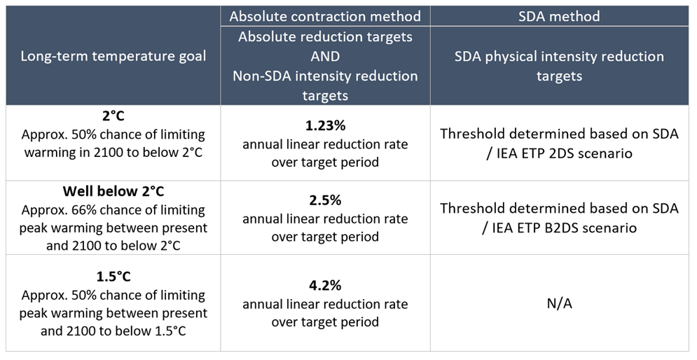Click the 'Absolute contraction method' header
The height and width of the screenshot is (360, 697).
tap(325, 15)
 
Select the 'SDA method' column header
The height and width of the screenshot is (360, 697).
tap(559, 15)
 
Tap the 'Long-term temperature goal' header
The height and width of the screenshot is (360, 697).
tap(113, 56)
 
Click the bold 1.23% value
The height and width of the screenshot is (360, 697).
tap(325, 127)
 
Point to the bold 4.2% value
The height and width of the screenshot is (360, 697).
tap(325, 286)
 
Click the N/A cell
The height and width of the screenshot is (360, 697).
tap(559, 303)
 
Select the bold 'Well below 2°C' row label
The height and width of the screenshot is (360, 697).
tap(113, 191)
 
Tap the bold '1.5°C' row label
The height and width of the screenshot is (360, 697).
tap(113, 277)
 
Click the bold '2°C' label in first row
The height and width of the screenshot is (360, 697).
tap(113, 116)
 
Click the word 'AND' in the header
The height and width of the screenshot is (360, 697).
tap(325, 55)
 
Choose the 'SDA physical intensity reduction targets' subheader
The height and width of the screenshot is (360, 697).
tap(559, 65)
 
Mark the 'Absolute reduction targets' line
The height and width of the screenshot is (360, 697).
tap(325, 36)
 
